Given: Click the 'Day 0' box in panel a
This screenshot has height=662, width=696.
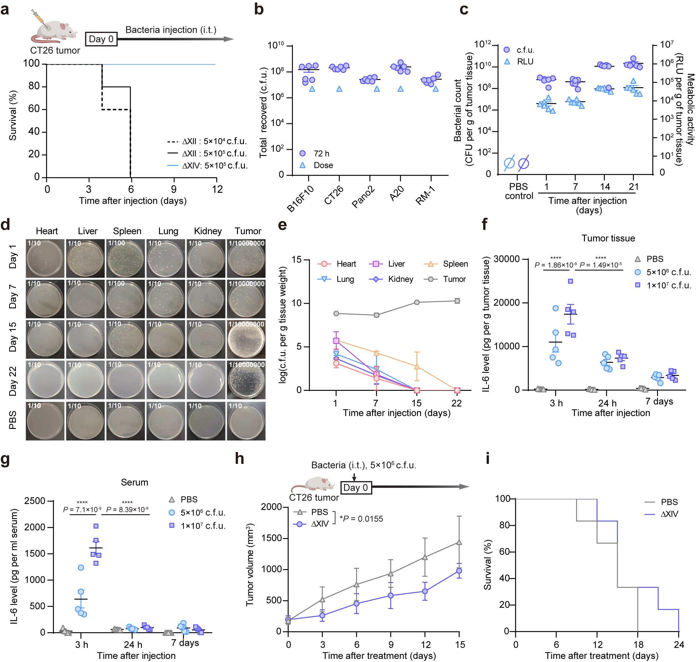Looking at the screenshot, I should [x=101, y=39].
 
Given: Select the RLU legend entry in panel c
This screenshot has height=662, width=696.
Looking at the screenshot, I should [x=525, y=61].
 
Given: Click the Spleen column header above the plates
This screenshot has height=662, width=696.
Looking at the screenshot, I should [x=127, y=231].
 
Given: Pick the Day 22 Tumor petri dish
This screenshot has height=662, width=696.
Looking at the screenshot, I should [x=246, y=379].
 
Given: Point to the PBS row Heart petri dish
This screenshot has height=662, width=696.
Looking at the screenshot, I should [x=45, y=421].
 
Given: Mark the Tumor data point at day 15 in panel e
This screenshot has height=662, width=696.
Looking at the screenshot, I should [x=417, y=302].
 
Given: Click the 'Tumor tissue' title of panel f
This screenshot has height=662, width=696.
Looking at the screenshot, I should [x=608, y=238].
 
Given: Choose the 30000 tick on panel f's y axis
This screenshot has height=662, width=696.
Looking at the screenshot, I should [x=507, y=259].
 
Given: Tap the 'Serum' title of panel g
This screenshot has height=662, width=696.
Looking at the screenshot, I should [x=134, y=482].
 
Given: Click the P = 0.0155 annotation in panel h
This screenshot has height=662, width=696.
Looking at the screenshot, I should [x=361, y=519].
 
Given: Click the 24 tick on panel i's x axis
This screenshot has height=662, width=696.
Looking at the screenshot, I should [x=679, y=645].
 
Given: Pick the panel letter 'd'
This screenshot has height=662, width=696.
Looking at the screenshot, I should [x=5, y=225].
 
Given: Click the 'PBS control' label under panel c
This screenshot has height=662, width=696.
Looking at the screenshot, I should [x=518, y=191].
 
